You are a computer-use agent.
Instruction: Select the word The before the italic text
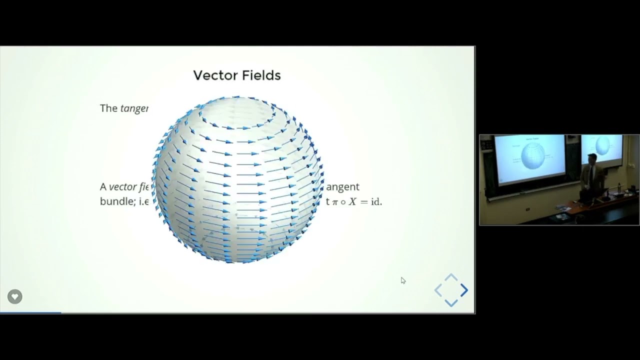pyautogui.click(x=108, y=108)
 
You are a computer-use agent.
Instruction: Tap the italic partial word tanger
pyautogui.click(x=134, y=108)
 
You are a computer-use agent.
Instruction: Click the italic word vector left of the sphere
pyautogui.click(x=123, y=186)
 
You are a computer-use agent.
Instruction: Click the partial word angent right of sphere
pyautogui.click(x=343, y=186)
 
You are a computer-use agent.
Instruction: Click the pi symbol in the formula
pyautogui.click(x=335, y=202)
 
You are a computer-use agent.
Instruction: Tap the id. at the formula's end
pyautogui.click(x=376, y=202)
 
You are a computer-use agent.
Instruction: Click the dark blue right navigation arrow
pyautogui.click(x=464, y=290)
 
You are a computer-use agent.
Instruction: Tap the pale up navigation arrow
pyautogui.click(x=451, y=277)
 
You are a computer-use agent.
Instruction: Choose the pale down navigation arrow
pyautogui.click(x=451, y=302)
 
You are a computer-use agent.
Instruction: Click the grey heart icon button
pyautogui.click(x=14, y=296)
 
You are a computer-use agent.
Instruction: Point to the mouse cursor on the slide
pyautogui.click(x=403, y=280)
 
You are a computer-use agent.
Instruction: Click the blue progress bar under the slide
pyautogui.click(x=30, y=312)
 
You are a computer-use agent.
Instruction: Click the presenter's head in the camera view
pyautogui.click(x=591, y=159)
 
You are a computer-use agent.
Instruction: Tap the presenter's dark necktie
pyautogui.click(x=590, y=173)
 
